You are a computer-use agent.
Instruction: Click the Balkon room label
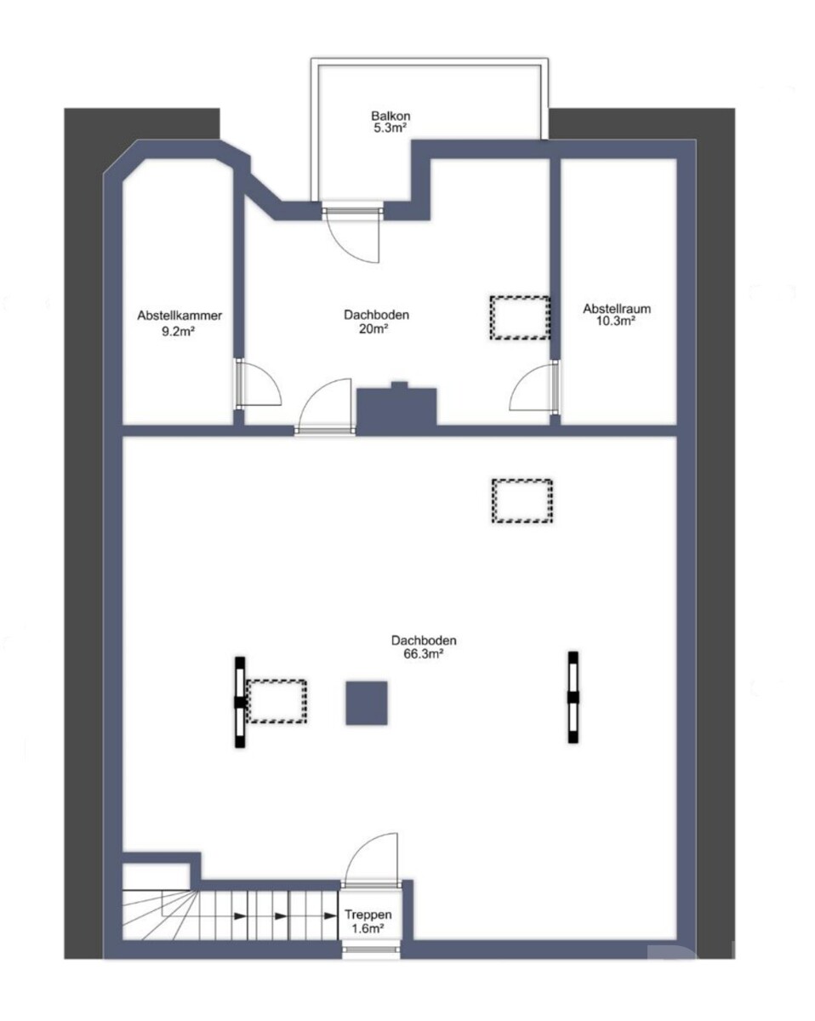pyautogui.click(x=390, y=116)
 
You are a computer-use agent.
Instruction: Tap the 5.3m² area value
pyautogui.click(x=390, y=128)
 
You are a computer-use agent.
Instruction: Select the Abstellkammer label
pyautogui.click(x=180, y=316)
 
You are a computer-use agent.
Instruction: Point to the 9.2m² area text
pyautogui.click(x=179, y=331)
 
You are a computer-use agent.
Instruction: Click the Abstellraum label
pyautogui.click(x=617, y=309)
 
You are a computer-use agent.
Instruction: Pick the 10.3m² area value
pyautogui.click(x=616, y=321)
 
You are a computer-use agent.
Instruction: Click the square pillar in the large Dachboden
pyautogui.click(x=366, y=703)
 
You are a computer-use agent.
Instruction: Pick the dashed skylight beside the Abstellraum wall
pyautogui.click(x=520, y=317)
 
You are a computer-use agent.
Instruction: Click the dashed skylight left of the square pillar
pyautogui.click(x=276, y=701)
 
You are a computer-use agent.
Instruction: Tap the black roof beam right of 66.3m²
pyautogui.click(x=573, y=697)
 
